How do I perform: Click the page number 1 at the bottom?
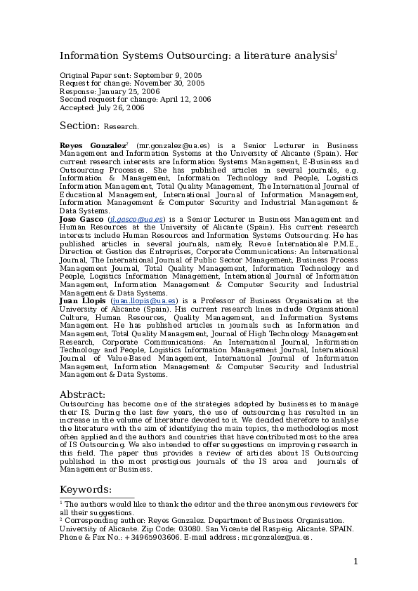(x=355, y=561)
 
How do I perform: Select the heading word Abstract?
(x=82, y=394)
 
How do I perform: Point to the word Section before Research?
(x=79, y=126)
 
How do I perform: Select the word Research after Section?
(x=121, y=127)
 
